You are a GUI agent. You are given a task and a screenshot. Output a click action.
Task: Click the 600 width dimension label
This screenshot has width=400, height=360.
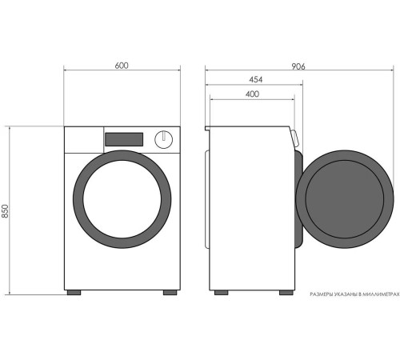(x=122, y=66)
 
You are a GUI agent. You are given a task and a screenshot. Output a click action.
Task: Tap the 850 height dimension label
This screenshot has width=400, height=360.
(x=6, y=211)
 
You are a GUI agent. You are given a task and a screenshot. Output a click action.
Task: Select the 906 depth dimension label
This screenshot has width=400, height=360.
(x=298, y=66)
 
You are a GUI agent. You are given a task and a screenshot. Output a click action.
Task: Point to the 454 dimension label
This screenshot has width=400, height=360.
(x=256, y=79)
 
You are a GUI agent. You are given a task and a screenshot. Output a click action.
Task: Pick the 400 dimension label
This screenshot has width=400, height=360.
(x=252, y=94)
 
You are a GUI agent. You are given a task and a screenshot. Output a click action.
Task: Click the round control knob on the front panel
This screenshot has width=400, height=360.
(x=164, y=139)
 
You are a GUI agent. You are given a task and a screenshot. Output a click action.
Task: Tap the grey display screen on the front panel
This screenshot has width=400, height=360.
(x=124, y=139)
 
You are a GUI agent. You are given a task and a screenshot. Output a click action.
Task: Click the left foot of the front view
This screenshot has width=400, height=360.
(x=74, y=293)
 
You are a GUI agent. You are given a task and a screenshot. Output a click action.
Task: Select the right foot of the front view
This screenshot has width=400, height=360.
(x=170, y=293)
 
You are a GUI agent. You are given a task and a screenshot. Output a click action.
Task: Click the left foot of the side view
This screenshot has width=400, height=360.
(x=222, y=293)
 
